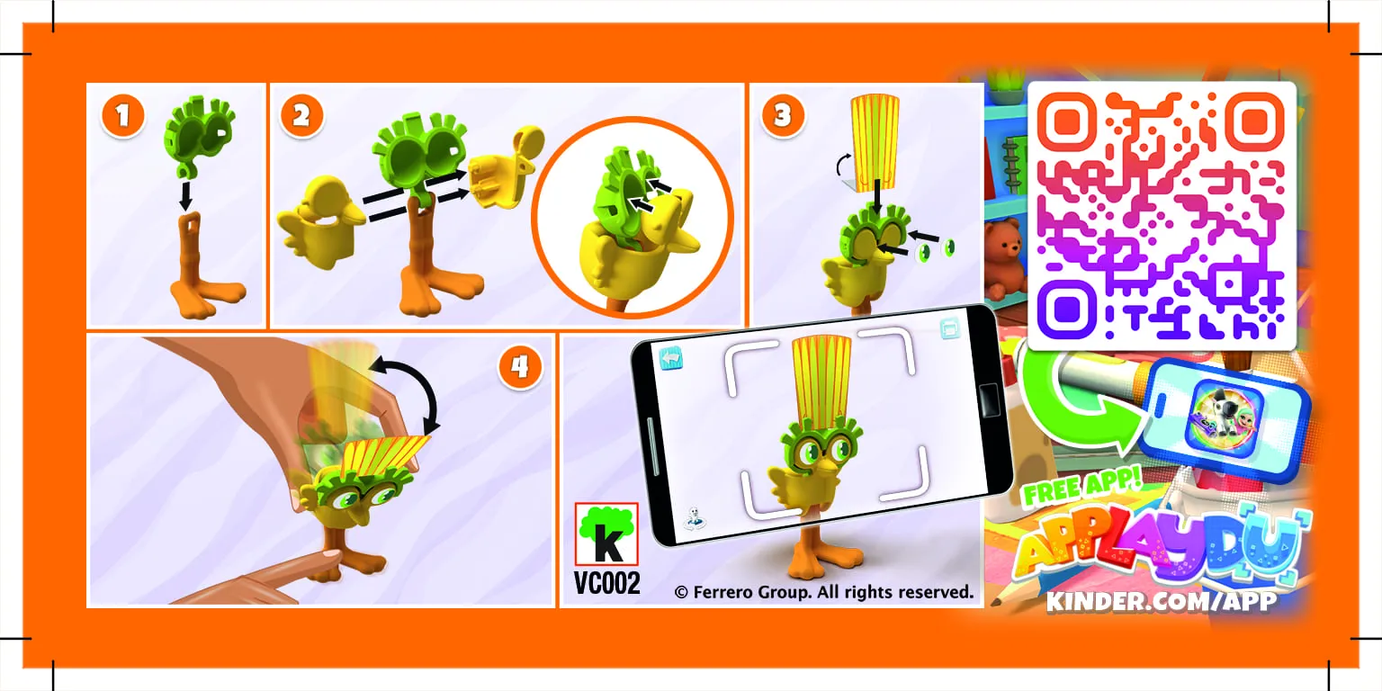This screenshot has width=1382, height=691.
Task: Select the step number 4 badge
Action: click(x=518, y=367)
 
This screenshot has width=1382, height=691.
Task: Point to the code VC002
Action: click(x=607, y=584)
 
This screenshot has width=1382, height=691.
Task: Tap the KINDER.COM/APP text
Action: click(x=1162, y=601)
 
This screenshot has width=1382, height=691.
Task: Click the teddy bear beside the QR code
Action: click(x=1005, y=256)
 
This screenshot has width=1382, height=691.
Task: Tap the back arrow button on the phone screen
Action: click(x=671, y=358)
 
